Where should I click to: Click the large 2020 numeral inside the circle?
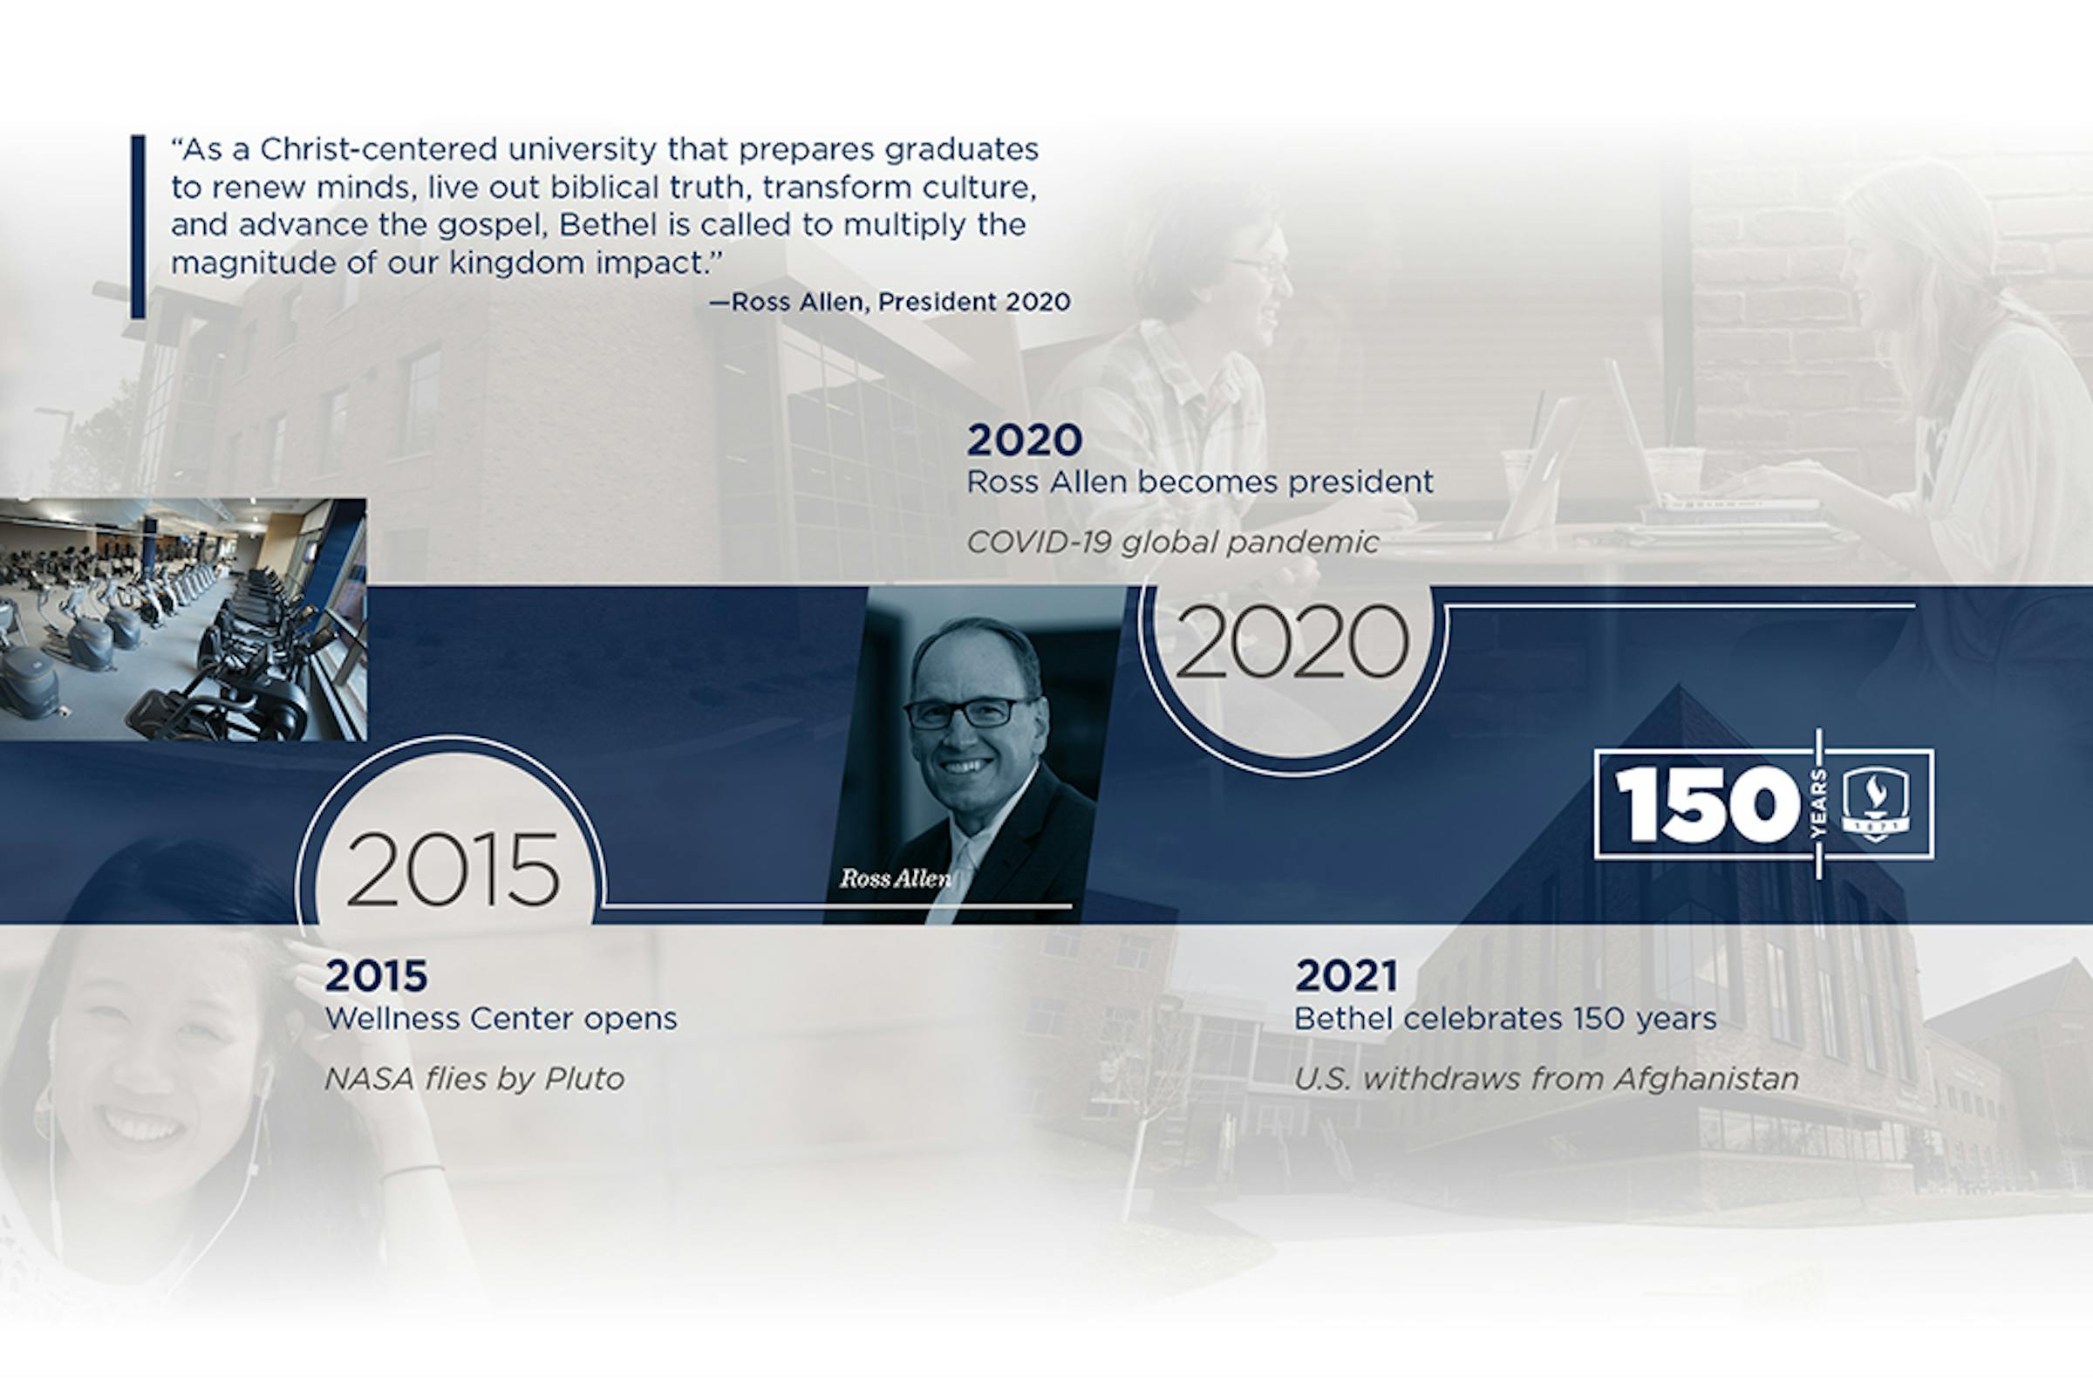pyautogui.click(x=1292, y=641)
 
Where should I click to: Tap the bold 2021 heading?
pyautogui.click(x=1346, y=976)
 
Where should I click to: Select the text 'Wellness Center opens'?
pyautogui.click(x=501, y=1018)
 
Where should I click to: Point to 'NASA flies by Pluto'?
pyautogui.click(x=474, y=1079)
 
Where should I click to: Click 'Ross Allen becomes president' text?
pyautogui.click(x=1199, y=482)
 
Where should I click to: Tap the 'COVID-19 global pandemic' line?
pyautogui.click(x=1172, y=542)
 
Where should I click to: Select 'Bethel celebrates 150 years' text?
pyautogui.click(x=1504, y=1018)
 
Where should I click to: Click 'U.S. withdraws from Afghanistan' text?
pyautogui.click(x=1545, y=1079)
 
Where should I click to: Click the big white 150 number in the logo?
pyautogui.click(x=1707, y=804)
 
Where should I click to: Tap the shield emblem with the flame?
pyautogui.click(x=1876, y=803)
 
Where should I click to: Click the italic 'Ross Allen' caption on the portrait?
pyautogui.click(x=896, y=879)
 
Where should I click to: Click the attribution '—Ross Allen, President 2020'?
pyautogui.click(x=890, y=303)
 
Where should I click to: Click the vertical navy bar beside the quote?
pyautogui.click(x=138, y=227)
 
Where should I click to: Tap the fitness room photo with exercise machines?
pyautogui.click(x=183, y=619)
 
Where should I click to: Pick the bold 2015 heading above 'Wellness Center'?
pyautogui.click(x=377, y=976)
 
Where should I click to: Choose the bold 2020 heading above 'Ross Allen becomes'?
pyautogui.click(x=1025, y=440)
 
